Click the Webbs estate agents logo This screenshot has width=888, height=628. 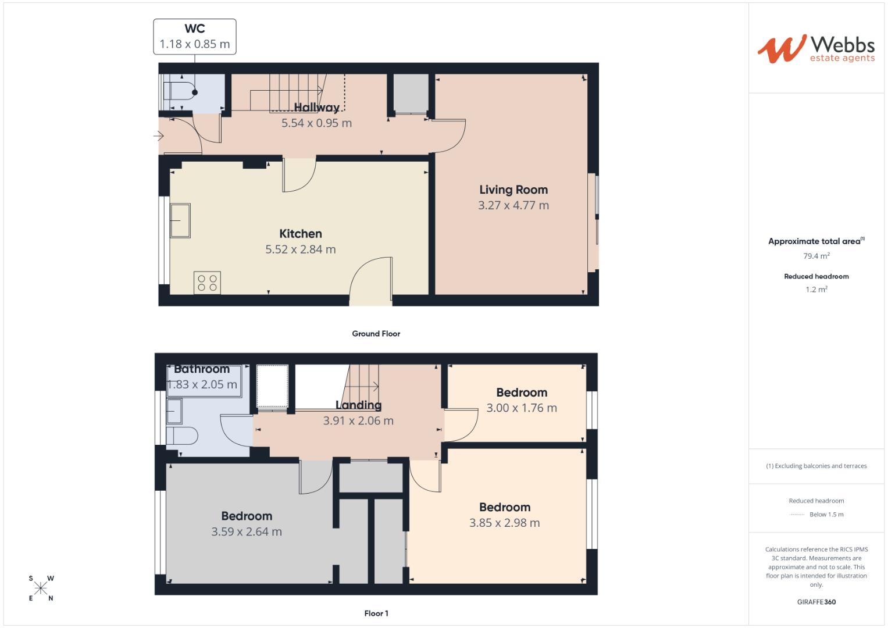coord(816,49)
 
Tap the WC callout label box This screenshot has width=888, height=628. coord(195,37)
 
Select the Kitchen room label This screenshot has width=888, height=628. coord(300,234)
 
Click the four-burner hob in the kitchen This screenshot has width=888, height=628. coord(207,283)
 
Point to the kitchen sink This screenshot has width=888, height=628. coord(180,220)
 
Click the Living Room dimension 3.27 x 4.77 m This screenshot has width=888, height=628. coord(513,205)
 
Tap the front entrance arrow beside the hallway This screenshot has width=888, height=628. coord(158,136)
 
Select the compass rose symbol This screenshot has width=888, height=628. coord(41,588)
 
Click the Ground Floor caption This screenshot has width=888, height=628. coord(376,334)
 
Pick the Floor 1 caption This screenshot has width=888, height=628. coord(376,613)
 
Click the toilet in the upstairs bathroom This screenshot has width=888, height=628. coord(181,436)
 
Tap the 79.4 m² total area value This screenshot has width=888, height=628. coord(816,256)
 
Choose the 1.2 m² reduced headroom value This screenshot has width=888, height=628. coord(816,290)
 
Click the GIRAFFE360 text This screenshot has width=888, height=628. coord(816,602)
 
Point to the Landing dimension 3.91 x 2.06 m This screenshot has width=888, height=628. coord(358,421)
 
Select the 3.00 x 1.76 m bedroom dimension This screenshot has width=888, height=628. coord(522,408)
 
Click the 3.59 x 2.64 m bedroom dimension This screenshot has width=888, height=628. coord(247,531)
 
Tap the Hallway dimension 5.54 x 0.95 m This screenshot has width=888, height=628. coord(316,123)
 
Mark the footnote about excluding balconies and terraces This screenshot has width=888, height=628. coord(816,466)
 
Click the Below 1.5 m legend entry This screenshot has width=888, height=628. coord(826,515)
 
